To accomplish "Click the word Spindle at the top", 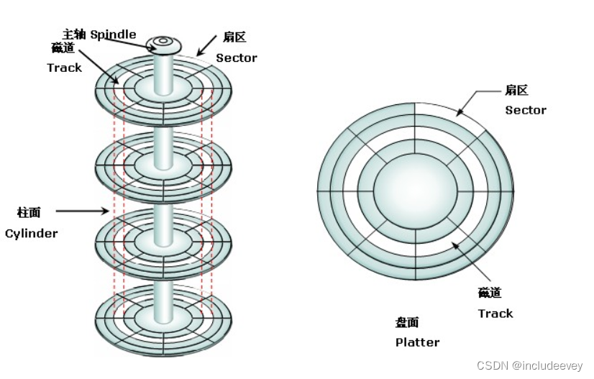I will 113,34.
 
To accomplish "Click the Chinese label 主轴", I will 75,34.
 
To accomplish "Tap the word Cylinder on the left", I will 31,233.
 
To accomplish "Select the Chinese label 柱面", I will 29,212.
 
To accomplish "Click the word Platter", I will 417,342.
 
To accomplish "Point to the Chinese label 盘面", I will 407,322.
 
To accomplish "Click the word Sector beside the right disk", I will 525,110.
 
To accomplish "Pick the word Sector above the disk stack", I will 237,58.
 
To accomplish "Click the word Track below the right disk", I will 495,313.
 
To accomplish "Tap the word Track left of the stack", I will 65,68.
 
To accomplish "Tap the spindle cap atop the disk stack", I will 164,44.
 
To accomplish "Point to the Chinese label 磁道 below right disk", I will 489,293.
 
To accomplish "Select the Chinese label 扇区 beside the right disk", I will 516,91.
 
